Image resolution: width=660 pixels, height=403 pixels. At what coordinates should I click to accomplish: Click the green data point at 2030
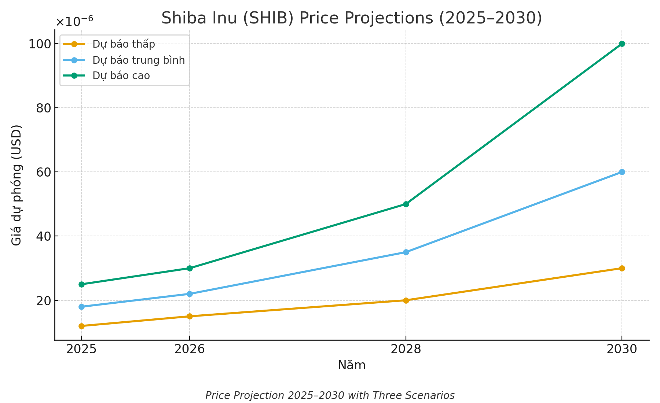point(622,44)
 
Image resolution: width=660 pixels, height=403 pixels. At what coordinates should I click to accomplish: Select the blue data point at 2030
point(622,172)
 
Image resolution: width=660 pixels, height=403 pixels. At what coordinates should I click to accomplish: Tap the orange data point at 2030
point(622,268)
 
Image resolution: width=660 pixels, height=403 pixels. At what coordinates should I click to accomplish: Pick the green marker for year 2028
point(406,204)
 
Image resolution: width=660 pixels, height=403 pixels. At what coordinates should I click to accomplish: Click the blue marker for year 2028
point(406,252)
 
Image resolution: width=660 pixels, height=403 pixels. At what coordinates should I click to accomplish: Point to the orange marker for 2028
point(406,300)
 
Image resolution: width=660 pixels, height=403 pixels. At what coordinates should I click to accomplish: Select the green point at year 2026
point(190,268)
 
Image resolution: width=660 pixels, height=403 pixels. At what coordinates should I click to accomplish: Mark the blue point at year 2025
point(81,307)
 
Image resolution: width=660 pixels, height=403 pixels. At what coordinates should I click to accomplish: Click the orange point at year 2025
point(81,326)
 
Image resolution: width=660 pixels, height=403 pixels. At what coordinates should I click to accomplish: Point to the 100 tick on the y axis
point(39,44)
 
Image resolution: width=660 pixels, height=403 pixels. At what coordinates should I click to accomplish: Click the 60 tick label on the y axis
point(43,172)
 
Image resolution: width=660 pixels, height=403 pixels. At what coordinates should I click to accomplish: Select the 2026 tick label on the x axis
point(190,349)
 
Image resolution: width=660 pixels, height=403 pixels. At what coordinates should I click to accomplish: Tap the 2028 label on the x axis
point(406,349)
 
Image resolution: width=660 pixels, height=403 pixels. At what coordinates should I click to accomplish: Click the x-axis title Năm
point(352,366)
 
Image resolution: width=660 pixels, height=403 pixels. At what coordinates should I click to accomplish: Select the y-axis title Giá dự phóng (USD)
point(16,185)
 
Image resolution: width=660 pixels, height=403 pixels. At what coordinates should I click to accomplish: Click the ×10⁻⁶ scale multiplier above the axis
point(74,21)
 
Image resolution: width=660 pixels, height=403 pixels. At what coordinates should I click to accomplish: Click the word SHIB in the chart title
point(268,18)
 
